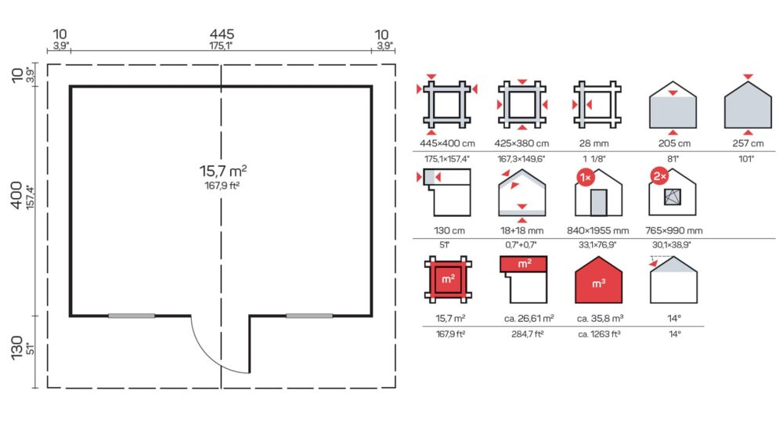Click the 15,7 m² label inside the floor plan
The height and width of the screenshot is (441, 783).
[x=223, y=171]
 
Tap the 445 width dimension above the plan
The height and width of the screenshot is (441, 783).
[x=222, y=34]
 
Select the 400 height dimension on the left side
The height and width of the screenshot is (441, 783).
[x=16, y=195]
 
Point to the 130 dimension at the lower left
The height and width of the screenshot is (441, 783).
[x=16, y=348]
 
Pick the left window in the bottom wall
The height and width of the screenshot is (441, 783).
[x=132, y=316]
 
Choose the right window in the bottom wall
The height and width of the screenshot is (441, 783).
[x=309, y=316]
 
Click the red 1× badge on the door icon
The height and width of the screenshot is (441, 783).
[x=586, y=177]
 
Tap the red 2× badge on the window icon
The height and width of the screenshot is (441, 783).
[x=659, y=176]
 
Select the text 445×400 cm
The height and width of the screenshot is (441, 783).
[x=447, y=143]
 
